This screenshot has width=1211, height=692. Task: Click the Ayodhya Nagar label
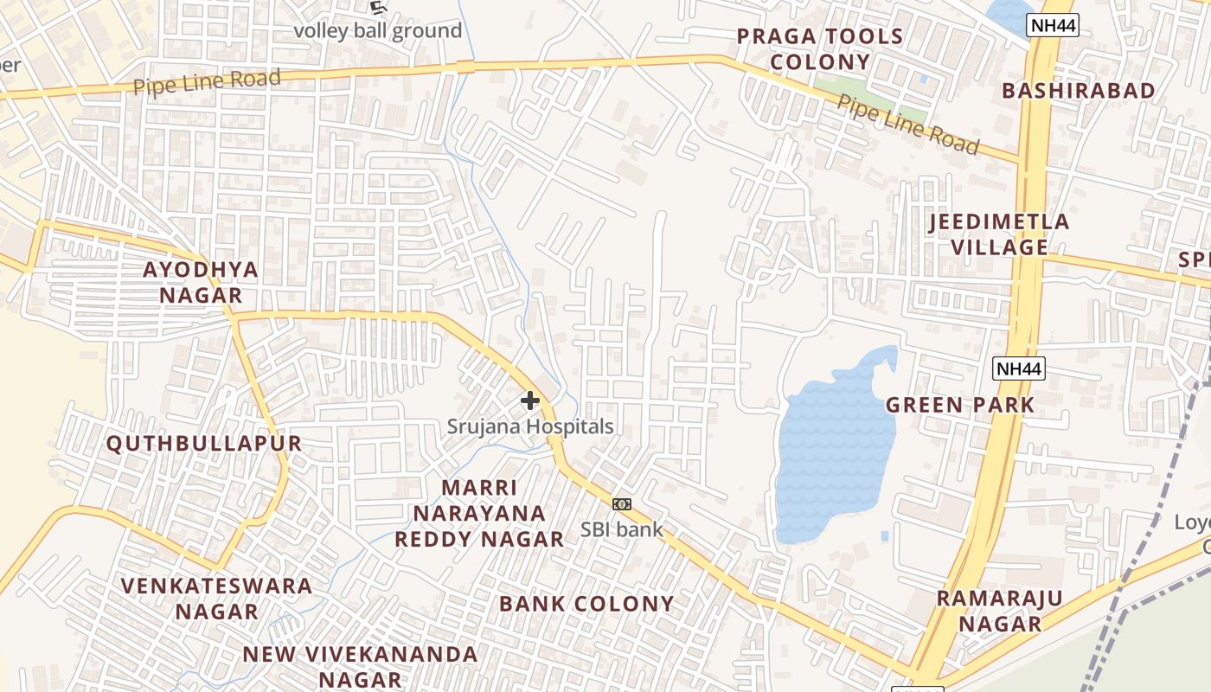coord(201,282)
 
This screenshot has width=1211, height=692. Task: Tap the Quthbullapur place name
coord(204,444)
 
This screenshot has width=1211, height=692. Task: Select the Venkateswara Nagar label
coord(216,598)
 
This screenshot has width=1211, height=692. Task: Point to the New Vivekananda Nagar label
coord(359,666)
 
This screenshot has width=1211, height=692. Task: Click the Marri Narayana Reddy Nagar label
coord(479,513)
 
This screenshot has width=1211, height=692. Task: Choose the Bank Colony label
coord(586,604)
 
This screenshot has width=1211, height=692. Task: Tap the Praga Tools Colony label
coord(819,49)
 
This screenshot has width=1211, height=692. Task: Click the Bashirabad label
coord(1078,91)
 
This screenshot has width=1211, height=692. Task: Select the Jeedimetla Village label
coord(999,234)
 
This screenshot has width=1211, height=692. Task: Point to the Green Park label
coord(960,404)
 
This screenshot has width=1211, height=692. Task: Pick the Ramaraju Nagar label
coord(1000,611)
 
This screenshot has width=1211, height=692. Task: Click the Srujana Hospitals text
coord(530,426)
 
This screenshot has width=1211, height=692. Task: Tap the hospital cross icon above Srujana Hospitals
coord(530,400)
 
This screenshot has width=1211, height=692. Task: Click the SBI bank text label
coord(622,529)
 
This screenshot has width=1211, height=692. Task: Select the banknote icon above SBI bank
coord(622,504)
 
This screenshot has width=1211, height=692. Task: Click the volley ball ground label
coord(378,31)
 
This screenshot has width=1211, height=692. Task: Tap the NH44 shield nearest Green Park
coord(1019,369)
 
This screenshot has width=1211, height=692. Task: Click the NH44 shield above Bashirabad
coord(1053,26)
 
